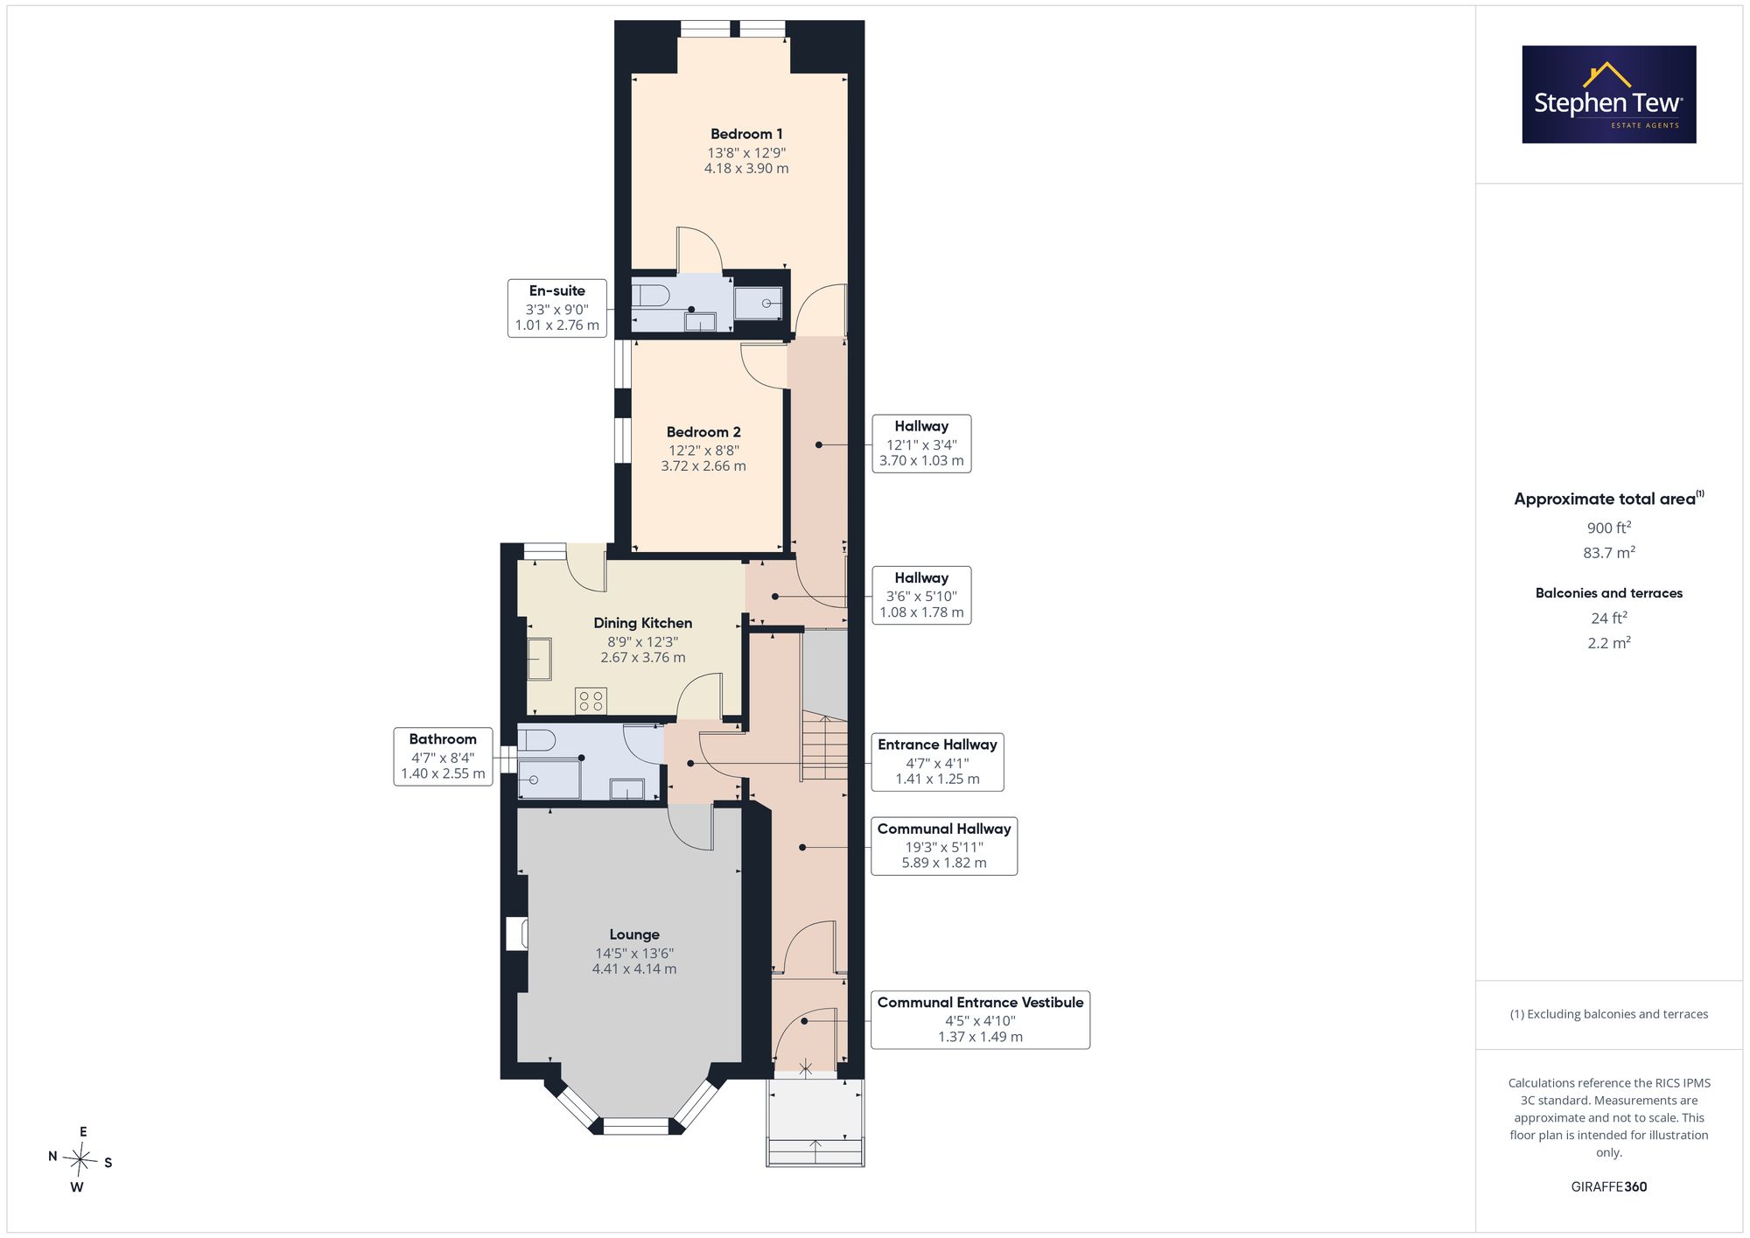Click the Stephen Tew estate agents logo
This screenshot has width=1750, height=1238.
click(1608, 94)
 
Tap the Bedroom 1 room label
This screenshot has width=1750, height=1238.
click(746, 134)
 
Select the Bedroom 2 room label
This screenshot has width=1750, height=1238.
click(703, 432)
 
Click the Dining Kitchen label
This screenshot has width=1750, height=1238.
click(643, 623)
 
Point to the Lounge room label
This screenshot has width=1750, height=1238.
click(634, 934)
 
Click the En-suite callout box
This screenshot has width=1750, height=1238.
click(557, 308)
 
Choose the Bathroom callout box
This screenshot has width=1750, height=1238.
click(443, 757)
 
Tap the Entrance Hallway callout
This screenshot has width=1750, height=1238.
click(937, 762)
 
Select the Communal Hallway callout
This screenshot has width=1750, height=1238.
click(944, 846)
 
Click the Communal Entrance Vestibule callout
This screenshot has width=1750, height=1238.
click(980, 1019)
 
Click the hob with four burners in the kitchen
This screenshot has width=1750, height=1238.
click(591, 701)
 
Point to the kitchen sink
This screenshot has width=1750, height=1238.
click(539, 659)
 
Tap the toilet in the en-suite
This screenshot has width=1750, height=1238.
click(650, 295)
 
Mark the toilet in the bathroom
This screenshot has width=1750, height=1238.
click(535, 740)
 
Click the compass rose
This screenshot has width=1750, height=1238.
click(80, 1160)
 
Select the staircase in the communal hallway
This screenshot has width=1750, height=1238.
click(825, 746)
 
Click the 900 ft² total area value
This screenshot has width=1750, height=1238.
click(1609, 528)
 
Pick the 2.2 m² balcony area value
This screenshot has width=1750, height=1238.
click(1609, 642)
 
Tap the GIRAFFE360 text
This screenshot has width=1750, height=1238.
click(1609, 1186)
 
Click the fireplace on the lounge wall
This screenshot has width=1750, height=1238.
click(516, 934)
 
